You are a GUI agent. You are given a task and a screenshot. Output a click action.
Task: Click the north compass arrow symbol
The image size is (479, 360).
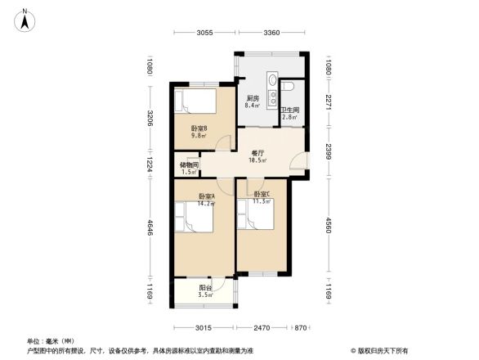[26, 19]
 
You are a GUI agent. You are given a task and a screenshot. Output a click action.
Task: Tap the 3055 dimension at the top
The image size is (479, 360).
[204, 33]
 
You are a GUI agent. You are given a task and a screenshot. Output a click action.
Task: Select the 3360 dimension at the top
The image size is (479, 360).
[272, 33]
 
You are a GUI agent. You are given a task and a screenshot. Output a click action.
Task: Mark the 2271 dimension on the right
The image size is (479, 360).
[328, 102]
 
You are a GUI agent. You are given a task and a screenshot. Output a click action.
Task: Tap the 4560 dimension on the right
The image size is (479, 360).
[328, 223]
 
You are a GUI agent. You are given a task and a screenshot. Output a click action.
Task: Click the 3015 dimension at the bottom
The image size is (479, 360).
[204, 328]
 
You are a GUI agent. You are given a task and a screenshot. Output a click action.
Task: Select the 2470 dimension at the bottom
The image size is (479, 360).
[262, 328]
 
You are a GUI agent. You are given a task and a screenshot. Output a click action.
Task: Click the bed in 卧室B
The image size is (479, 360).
[196, 104]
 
